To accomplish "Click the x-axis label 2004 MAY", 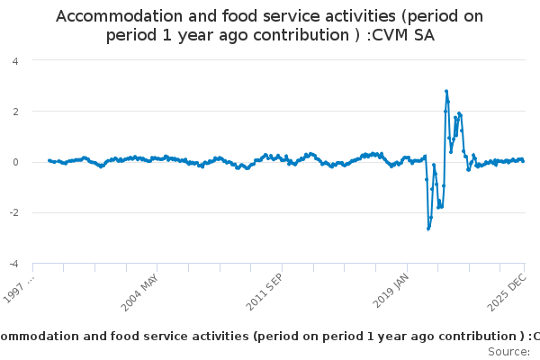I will tap(140, 290).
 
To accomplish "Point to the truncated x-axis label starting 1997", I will tap(20, 290).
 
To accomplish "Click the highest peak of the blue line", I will tap(445, 91).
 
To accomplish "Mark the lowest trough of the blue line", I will tap(428, 229).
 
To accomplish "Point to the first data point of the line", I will tap(49, 160).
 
